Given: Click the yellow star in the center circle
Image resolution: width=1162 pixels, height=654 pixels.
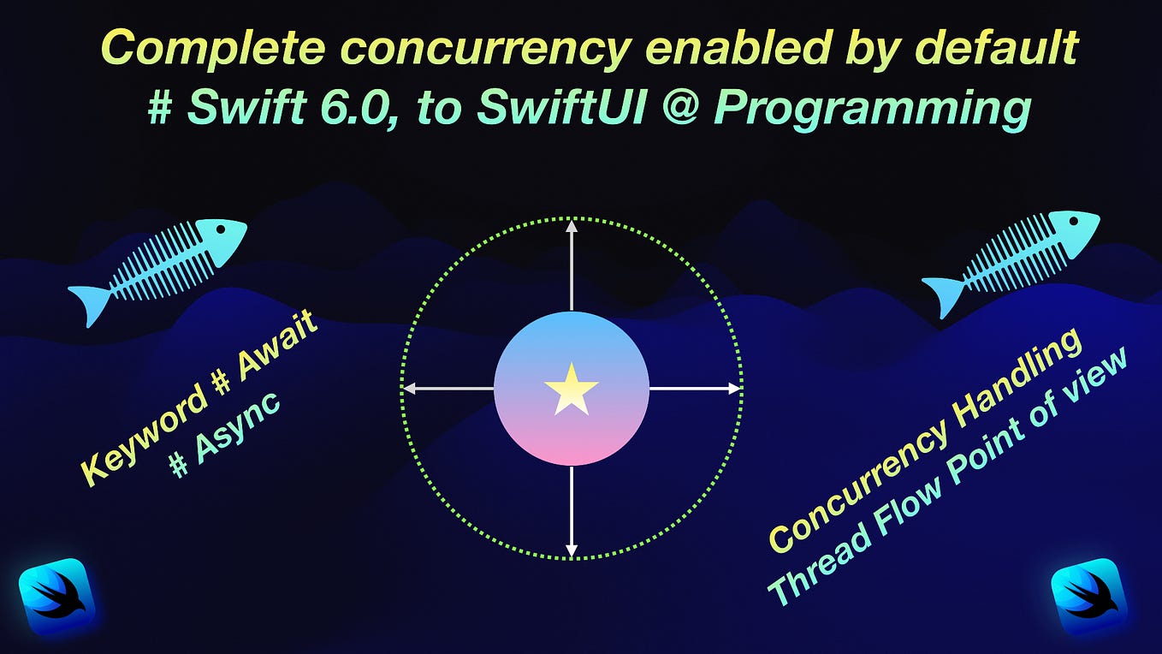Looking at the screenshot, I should [x=571, y=389].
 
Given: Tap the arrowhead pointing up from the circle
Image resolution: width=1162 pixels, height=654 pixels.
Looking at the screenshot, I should [x=572, y=226].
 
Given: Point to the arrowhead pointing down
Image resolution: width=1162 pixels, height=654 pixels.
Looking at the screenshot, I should [x=572, y=550].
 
